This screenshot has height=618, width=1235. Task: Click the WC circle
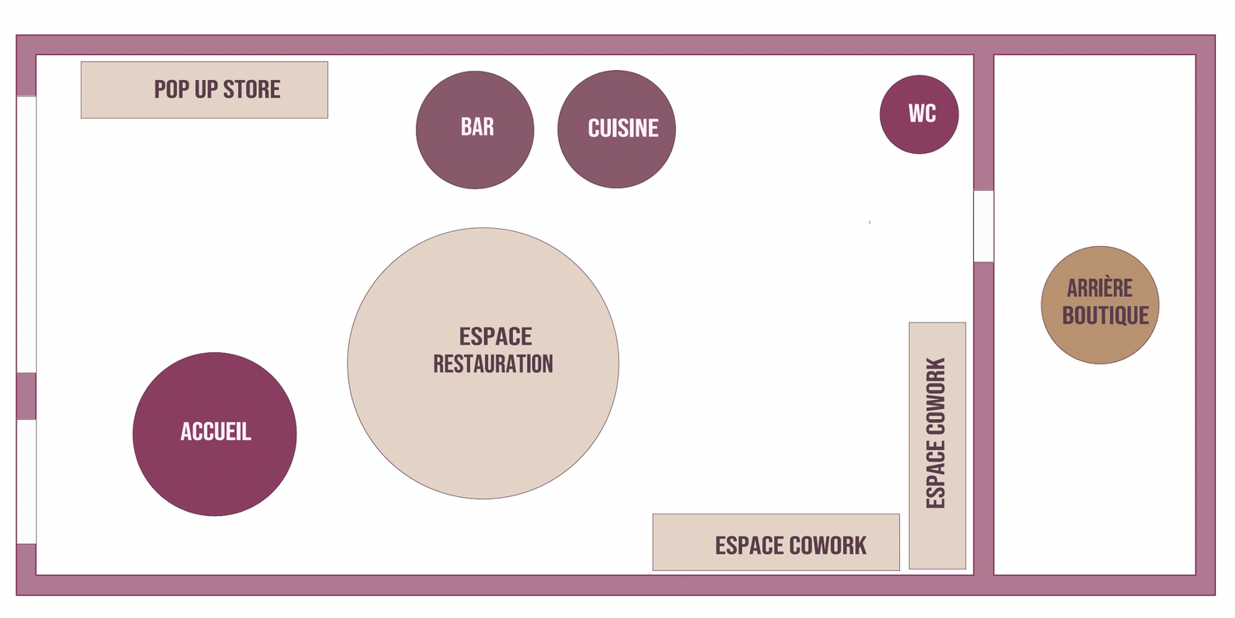(x=919, y=114)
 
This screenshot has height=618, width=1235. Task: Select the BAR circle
(x=475, y=129)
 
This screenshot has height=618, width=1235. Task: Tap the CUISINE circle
(x=617, y=129)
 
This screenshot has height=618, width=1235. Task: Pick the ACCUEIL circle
(x=214, y=434)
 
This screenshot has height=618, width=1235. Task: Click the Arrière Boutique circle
(x=1100, y=304)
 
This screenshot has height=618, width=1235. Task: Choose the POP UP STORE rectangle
(x=204, y=90)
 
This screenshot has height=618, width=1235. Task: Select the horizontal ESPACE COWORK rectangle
(x=776, y=542)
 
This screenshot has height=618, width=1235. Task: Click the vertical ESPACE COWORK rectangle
(x=937, y=445)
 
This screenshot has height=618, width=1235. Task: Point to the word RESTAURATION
(x=493, y=364)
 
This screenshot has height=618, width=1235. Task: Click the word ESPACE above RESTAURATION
(x=496, y=337)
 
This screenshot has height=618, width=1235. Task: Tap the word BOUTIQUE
(x=1106, y=315)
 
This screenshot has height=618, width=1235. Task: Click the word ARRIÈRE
(x=1099, y=287)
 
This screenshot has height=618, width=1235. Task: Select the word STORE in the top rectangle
(x=251, y=90)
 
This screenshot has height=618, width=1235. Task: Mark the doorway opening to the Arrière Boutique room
(x=984, y=226)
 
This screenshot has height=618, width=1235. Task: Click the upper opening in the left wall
(x=26, y=235)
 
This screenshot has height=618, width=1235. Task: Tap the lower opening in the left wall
(x=26, y=482)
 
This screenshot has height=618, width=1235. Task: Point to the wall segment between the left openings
(x=26, y=397)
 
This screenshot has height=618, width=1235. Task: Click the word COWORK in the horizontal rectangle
(x=827, y=546)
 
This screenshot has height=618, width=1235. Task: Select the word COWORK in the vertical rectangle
(x=936, y=396)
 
